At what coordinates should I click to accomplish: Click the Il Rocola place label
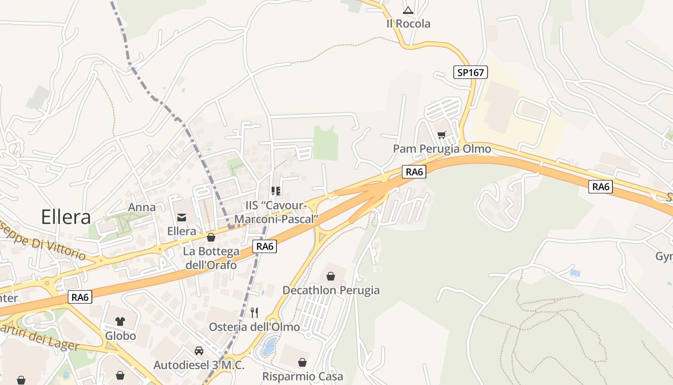(408, 24)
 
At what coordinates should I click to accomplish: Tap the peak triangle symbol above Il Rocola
(408, 10)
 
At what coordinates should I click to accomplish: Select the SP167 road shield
(471, 73)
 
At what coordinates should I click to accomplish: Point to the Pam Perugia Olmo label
(442, 149)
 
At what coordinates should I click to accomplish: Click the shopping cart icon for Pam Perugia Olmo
(442, 135)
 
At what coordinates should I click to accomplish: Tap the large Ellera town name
(66, 217)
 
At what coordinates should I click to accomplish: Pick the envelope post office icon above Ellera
(182, 218)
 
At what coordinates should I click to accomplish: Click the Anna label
(142, 207)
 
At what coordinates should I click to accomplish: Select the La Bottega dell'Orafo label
(211, 258)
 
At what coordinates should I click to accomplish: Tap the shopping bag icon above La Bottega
(211, 237)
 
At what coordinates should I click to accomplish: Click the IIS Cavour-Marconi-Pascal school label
(276, 212)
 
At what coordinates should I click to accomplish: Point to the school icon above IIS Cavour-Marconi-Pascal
(276, 191)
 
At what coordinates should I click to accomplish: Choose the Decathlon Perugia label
(331, 290)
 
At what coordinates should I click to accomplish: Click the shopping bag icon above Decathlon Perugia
(331, 276)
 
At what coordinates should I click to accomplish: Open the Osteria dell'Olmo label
(254, 327)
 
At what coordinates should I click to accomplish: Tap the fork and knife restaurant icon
(254, 313)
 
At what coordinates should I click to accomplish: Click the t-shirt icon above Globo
(120, 321)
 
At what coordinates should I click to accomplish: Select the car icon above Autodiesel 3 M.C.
(199, 351)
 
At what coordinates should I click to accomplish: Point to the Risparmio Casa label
(303, 376)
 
